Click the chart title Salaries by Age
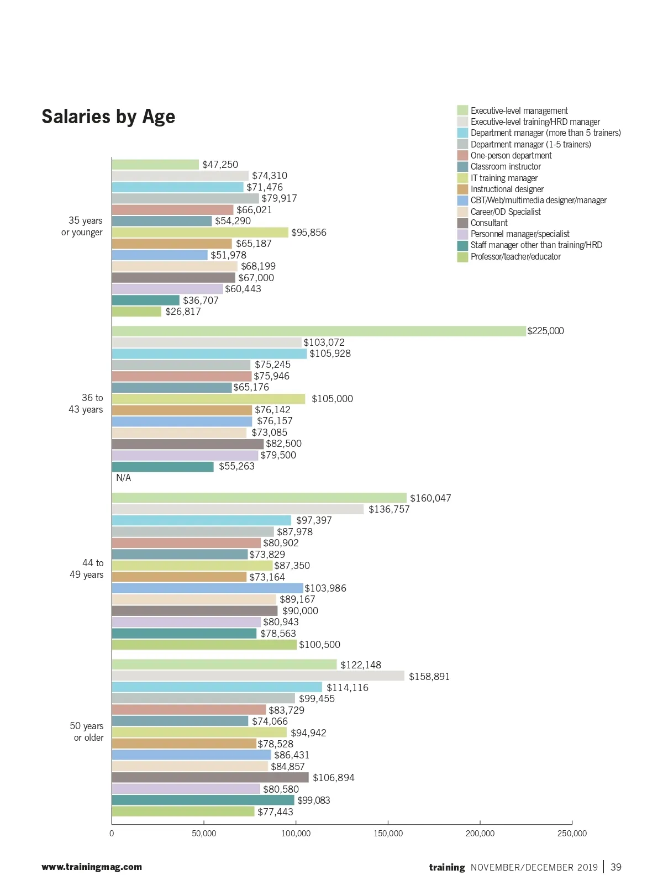(x=108, y=117)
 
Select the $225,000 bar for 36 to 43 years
(x=318, y=331)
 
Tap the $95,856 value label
(x=309, y=233)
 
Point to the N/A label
(x=123, y=478)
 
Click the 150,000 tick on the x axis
(x=388, y=833)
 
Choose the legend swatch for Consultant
(x=462, y=223)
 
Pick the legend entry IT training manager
(x=503, y=178)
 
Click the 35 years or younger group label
(x=82, y=226)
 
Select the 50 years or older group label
(x=87, y=732)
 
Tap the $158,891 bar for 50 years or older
(x=258, y=676)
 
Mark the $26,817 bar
(x=136, y=312)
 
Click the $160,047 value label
(x=430, y=498)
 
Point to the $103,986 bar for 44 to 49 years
(x=207, y=588)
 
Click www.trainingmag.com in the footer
(x=92, y=867)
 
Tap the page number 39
(x=615, y=867)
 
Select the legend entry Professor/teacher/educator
(x=515, y=257)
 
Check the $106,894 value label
(x=333, y=778)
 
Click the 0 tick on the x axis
(x=112, y=833)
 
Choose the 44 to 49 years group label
(x=87, y=569)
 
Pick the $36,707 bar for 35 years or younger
(x=146, y=300)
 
